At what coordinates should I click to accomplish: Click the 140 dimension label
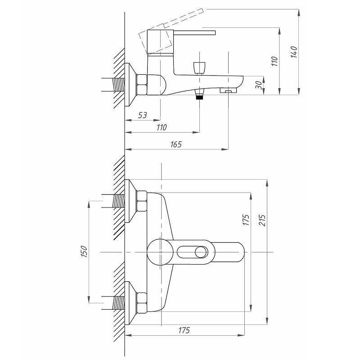[294, 52]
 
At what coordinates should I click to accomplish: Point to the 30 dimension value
[259, 85]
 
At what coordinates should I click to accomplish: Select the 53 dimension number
[142, 115]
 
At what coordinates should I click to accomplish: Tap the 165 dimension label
[176, 144]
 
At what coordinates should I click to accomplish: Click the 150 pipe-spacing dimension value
[84, 251]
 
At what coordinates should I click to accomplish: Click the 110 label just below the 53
[162, 127]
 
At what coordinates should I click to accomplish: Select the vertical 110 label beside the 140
[274, 61]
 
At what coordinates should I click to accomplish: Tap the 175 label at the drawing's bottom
[184, 330]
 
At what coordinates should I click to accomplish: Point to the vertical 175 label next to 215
[246, 220]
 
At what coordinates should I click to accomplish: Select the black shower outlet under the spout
[199, 97]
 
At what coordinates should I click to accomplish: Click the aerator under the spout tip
[229, 90]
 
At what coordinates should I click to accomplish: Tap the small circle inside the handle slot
[201, 252]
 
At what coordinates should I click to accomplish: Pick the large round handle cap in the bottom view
[160, 252]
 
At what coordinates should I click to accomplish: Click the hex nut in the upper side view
[142, 85]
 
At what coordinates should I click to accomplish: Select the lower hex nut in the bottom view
[142, 303]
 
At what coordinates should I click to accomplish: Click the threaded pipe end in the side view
[118, 85]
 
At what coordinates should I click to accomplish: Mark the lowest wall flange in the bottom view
[130, 303]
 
